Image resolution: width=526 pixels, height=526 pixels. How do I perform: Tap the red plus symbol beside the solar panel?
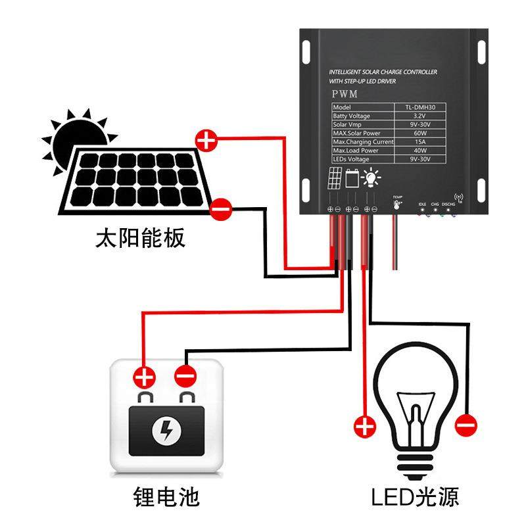[x=206, y=139]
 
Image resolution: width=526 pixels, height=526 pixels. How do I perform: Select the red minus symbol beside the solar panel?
[x=222, y=209]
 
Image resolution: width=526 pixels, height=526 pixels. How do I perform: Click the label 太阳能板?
[x=141, y=237]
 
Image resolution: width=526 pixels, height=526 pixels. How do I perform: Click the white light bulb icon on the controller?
[x=371, y=178]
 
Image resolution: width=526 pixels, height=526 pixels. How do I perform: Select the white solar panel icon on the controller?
[x=335, y=178]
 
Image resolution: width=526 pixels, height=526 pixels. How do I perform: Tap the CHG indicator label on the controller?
[x=434, y=204]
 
